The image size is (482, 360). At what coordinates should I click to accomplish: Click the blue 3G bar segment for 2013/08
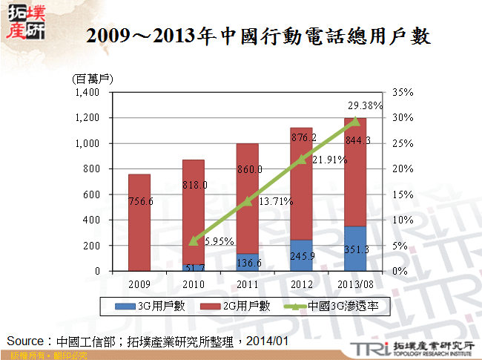point(356,249)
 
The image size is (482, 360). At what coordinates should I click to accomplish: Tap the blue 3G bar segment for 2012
point(300,255)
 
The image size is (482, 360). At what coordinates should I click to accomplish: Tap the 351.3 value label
point(356,249)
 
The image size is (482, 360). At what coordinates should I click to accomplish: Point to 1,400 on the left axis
point(87,93)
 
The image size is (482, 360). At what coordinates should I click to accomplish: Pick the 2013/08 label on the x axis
point(357,284)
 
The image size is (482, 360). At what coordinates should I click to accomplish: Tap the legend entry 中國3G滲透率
point(326,304)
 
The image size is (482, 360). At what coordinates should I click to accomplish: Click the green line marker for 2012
point(301,160)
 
